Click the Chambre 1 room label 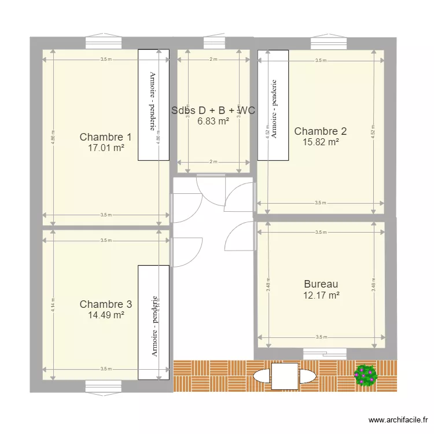[105, 137]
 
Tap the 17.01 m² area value [105, 148]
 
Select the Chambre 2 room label [321, 131]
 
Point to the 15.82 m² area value [321, 141]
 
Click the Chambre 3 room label [105, 304]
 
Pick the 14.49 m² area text [105, 315]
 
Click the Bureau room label [321, 284]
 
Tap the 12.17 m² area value [321, 295]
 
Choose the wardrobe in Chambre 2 [273, 105]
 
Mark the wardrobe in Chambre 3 [153, 322]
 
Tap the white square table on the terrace [284, 376]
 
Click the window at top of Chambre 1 [104, 42]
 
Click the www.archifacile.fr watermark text [399, 420]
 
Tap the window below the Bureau [324, 352]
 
